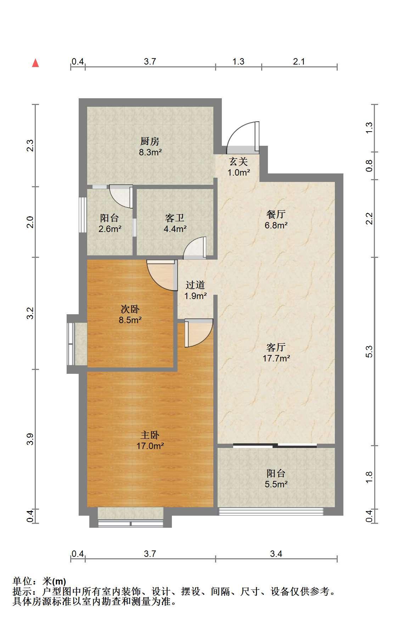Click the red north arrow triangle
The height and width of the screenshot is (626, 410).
35,63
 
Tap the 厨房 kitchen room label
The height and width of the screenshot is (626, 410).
150,142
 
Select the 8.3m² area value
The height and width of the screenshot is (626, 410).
150,153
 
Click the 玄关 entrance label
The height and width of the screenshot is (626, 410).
238,162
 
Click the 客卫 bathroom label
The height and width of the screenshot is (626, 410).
175,218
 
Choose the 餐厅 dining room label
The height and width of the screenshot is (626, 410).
276,214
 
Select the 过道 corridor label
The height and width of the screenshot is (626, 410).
195,285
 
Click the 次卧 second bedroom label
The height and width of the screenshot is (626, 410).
130,309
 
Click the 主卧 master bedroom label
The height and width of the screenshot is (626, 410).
150,435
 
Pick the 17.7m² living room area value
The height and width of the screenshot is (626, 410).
276,358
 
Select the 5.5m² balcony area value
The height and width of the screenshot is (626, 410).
276,484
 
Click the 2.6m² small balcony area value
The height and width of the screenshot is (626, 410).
110,229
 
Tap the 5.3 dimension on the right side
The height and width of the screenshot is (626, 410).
369,351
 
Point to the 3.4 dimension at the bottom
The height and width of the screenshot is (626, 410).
276,554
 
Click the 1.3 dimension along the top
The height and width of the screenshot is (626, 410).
238,62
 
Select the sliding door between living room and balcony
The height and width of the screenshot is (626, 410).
275,445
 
